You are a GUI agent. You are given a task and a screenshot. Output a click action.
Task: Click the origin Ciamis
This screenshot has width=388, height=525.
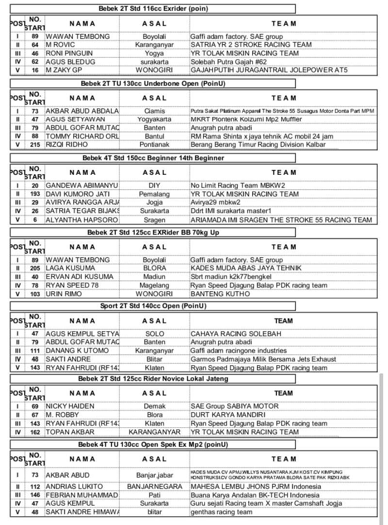coord(154,111)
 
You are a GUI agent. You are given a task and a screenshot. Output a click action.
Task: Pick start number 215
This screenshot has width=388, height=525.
coord(35,145)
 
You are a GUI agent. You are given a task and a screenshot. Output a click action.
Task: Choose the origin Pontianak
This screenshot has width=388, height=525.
coord(154,145)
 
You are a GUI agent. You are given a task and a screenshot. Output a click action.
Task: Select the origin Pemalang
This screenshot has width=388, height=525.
coord(154,194)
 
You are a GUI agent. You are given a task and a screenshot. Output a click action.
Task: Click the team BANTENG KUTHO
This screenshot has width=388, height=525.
coord(220,294)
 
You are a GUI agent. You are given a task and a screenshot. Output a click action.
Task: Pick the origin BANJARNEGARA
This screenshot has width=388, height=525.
coord(154,487)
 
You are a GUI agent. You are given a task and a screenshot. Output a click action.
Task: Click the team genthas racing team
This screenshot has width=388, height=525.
coord(221,512)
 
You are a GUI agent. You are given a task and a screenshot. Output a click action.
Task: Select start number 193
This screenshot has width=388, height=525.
coord(35,194)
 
